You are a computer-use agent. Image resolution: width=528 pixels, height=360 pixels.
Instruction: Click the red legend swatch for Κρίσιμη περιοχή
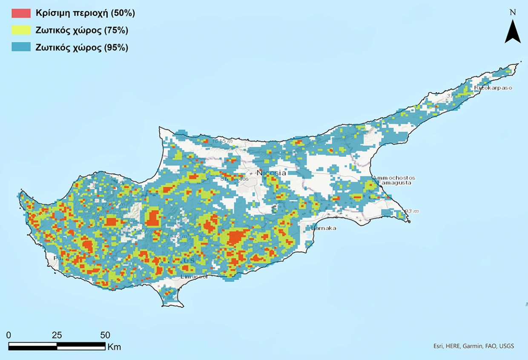(x=21, y=13)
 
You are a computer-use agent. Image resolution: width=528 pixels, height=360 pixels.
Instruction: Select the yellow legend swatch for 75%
(x=21, y=30)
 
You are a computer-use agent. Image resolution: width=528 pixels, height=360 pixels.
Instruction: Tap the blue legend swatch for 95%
(x=21, y=47)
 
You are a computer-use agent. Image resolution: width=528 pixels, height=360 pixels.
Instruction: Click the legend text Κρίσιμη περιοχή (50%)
(x=85, y=13)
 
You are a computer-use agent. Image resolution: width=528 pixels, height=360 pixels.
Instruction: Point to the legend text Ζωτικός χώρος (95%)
(x=82, y=47)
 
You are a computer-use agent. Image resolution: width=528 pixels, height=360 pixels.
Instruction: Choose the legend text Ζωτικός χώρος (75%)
(x=82, y=30)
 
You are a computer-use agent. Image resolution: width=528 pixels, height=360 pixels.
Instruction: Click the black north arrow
(x=513, y=33)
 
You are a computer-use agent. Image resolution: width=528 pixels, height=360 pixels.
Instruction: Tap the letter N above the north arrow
(x=513, y=13)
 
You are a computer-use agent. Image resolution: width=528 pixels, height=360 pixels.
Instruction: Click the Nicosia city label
(x=271, y=173)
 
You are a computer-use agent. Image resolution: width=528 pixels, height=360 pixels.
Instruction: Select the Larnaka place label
(x=324, y=228)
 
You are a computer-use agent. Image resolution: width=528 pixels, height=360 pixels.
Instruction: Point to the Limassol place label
(x=194, y=276)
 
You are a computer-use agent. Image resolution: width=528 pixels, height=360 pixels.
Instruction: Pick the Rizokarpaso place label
(x=493, y=88)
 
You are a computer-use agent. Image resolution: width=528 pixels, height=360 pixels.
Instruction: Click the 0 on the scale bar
(x=9, y=334)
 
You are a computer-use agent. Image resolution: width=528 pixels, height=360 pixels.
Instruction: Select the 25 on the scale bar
(x=57, y=334)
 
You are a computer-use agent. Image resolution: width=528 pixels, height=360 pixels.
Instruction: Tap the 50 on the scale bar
(x=105, y=334)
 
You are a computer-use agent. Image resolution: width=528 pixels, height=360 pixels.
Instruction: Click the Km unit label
(x=114, y=347)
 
